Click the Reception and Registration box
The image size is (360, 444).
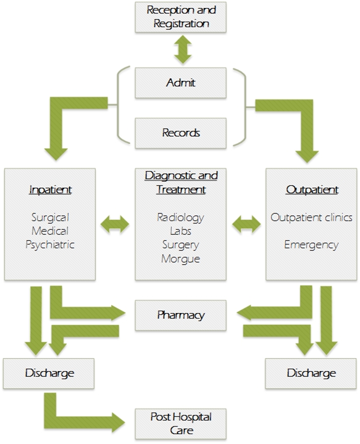click(181, 17)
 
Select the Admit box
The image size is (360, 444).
click(181, 82)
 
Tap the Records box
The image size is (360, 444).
click(181, 133)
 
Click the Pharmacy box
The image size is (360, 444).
click(181, 315)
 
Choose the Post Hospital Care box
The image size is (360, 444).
click(181, 424)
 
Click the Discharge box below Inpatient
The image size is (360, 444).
click(49, 373)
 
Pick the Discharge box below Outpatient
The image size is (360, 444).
click(311, 373)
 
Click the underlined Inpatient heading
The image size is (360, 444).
click(50, 190)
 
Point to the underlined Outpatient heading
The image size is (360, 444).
click(312, 190)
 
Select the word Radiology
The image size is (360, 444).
click(181, 217)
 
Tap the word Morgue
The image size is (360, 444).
click(181, 258)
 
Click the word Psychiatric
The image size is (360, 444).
click(50, 245)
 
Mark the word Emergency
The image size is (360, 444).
click(311, 245)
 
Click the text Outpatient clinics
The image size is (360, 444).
click(311, 217)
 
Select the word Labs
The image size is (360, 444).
click(181, 231)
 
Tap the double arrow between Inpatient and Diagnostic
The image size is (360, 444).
click(115, 224)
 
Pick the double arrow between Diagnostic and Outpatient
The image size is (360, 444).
click(246, 224)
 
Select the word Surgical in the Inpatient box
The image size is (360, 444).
click(50, 217)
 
